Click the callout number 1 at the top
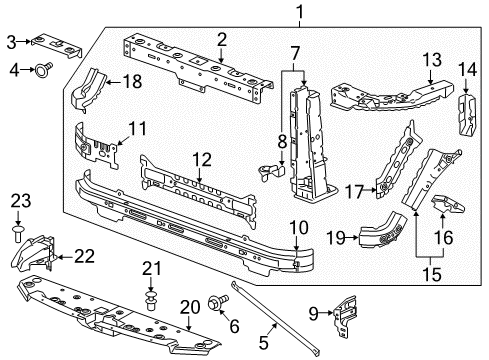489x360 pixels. pyautogui.click(x=298, y=12)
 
